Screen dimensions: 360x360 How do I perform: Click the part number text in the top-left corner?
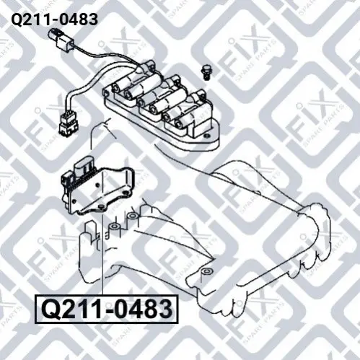click(x=55, y=19)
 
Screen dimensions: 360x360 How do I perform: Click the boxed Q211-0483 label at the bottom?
click(x=107, y=309)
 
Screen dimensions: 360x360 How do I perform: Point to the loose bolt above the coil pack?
click(x=205, y=71)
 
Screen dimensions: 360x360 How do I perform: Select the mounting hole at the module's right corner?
click(x=126, y=193)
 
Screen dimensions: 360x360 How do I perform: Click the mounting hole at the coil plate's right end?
click(x=205, y=136)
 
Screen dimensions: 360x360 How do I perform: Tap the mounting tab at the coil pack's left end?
click(x=105, y=93)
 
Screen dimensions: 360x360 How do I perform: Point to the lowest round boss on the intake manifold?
click(x=206, y=272)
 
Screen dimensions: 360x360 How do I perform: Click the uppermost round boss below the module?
click(x=132, y=216)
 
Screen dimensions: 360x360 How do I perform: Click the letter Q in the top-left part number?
click(x=17, y=19)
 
